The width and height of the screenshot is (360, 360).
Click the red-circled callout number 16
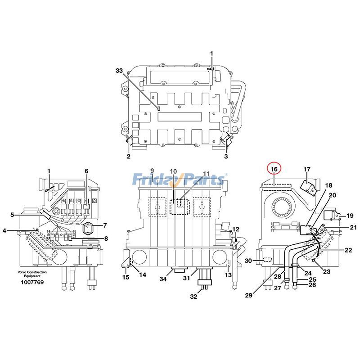coord(274,168)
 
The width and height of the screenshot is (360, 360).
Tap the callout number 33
coord(119,71)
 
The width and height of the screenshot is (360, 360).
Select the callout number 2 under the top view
coord(128,157)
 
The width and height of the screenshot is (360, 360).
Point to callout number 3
coord(226,157)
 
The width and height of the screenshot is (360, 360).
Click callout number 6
coord(86,171)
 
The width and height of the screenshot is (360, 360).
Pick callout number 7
coord(105,225)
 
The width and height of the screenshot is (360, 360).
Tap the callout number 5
coord(13,214)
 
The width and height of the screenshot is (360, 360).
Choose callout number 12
coord(236,229)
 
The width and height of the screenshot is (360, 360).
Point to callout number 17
coord(306,169)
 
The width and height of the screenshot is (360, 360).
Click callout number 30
coord(248,261)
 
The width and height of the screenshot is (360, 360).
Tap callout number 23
coord(327,271)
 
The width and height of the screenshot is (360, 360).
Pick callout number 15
coord(126,277)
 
